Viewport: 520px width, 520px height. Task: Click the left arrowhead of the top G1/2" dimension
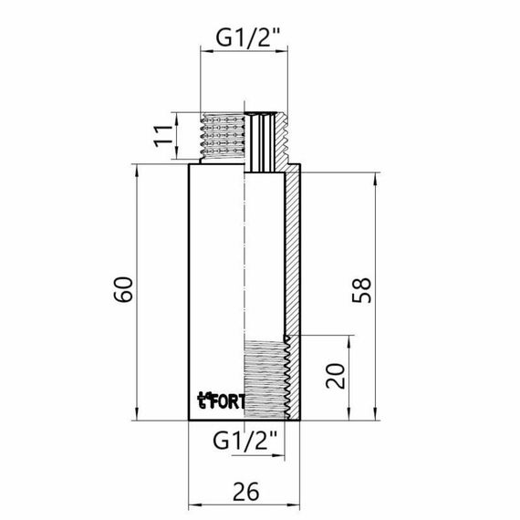[205, 55]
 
